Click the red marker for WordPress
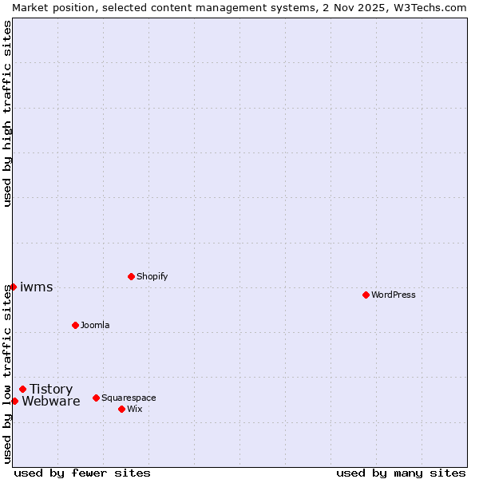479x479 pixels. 366,295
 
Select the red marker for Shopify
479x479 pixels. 131,276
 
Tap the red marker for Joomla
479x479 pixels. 75,325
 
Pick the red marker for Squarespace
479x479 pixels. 96,398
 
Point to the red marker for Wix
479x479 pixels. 121,409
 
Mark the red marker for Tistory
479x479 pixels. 22,389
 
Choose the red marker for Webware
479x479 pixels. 14,401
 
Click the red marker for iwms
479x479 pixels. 13,287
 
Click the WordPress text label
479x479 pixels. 394,295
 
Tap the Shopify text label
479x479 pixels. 152,276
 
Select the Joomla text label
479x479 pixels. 95,325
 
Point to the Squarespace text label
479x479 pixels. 129,398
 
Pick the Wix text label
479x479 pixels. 135,409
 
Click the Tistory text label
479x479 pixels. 51,389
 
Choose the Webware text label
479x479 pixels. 50,401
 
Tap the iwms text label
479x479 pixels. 37,287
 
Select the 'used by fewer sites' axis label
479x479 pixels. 82,473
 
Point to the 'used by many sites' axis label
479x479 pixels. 401,473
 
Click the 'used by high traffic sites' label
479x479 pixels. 7,113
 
